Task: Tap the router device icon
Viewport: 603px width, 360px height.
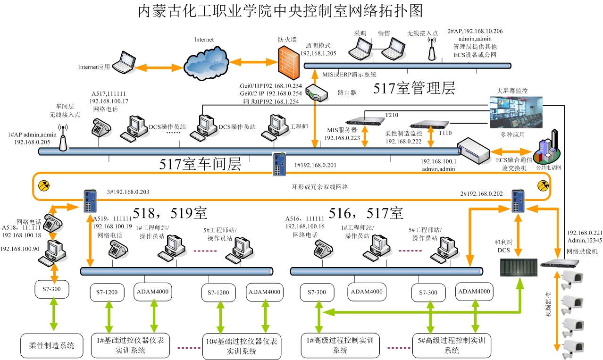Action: point(317,93)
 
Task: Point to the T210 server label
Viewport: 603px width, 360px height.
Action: point(392,115)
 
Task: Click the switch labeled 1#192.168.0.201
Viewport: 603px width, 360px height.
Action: point(279,164)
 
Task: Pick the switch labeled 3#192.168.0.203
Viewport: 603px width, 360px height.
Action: point(89,201)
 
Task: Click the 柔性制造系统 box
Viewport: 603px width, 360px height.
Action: point(48,345)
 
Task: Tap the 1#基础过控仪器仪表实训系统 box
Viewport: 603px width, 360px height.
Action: point(130,345)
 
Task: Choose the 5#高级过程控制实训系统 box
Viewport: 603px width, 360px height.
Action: point(451,345)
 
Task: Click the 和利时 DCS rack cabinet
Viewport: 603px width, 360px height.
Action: point(519,267)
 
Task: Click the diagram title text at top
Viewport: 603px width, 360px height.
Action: point(279,11)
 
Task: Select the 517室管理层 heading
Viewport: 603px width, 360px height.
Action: point(414,88)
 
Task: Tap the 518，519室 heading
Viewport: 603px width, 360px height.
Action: point(169,213)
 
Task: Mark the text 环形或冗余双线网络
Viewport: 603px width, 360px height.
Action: point(320,187)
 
